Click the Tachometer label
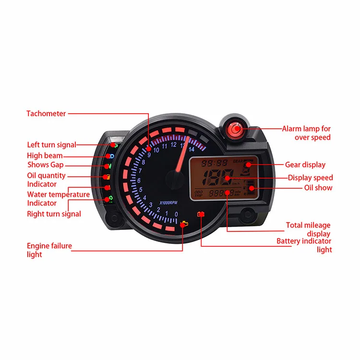[46, 114]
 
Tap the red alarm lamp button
[236, 128]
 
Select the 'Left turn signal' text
[51, 144]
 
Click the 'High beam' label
[45, 156]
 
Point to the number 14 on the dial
[192, 149]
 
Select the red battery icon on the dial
[201, 214]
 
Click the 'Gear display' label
[305, 165]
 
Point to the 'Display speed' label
[310, 178]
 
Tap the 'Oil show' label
[318, 188]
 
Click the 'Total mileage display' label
[308, 229]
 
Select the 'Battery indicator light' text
[304, 245]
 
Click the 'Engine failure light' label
[49, 250]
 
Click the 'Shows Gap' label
[45, 165]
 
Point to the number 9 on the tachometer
[149, 155]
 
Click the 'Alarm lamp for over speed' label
[306, 133]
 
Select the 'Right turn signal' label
[54, 214]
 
